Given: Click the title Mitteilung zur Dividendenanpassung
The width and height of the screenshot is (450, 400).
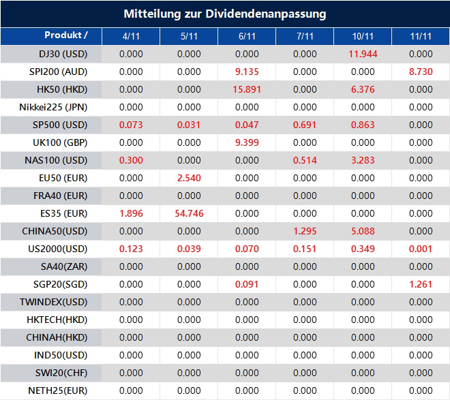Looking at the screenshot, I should point(224,14).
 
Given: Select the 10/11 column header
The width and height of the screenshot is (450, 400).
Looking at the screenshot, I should point(363,36).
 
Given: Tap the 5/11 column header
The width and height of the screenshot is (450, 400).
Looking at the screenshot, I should point(189,36).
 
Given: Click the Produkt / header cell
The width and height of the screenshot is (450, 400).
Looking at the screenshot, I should point(65,35).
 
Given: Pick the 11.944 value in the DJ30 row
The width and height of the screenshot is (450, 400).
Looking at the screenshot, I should point(363,54).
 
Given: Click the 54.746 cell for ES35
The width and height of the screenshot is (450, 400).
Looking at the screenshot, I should point(189,213).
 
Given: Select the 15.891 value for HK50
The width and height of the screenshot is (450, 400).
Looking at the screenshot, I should point(247,89).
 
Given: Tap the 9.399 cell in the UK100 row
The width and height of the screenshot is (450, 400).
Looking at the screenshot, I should point(247,142).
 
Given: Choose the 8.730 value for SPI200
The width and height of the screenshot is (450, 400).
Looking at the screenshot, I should point(421,72).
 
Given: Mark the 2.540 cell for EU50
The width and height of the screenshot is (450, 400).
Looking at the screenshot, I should point(189,178).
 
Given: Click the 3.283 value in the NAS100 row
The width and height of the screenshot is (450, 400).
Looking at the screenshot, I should point(363,160).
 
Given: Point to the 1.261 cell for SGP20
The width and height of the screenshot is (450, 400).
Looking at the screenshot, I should point(421,284).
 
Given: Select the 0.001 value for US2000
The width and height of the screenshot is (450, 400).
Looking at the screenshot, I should point(421,249).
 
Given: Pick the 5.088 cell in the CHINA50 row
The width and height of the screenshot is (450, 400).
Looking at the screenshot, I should point(363,231).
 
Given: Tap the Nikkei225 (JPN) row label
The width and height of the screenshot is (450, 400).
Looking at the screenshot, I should point(54,107).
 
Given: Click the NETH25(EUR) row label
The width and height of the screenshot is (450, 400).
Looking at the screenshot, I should point(59,390).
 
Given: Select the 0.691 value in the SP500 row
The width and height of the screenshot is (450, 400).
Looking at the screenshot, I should point(305,125).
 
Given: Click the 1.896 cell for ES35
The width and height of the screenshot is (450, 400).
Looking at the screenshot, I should point(131,213).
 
